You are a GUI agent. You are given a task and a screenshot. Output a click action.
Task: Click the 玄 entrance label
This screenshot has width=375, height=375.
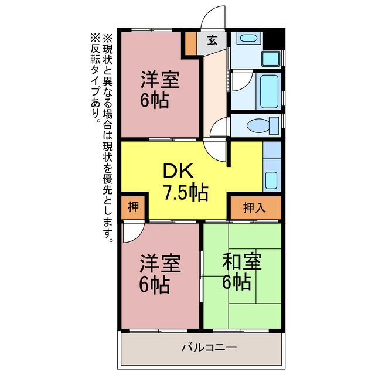click(x=212, y=40)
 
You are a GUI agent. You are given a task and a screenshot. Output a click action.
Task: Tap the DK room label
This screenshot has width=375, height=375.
click(x=178, y=171)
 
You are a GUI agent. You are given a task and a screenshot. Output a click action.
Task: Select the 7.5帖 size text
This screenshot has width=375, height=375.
click(x=186, y=193)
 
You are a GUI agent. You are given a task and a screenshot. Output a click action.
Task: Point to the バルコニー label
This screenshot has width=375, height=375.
click(x=209, y=347)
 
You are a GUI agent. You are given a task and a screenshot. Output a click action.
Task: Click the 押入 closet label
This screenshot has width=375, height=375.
click(x=254, y=207)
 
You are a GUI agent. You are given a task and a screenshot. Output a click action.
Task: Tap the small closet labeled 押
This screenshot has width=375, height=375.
click(x=133, y=207)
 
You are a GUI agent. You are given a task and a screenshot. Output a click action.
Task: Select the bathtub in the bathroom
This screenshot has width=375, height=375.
click(x=269, y=91)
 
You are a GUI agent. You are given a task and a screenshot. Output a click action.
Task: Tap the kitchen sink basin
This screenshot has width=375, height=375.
click(x=271, y=180)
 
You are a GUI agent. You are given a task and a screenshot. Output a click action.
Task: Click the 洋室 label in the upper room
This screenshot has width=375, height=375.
click(x=160, y=80)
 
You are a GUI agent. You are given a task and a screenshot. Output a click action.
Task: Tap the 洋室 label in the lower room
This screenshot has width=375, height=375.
click(x=160, y=264)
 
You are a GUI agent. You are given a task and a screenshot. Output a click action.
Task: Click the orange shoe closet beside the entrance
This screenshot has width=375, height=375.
click(x=191, y=43)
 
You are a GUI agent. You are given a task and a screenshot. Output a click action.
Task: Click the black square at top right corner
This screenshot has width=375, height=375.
click(x=274, y=39)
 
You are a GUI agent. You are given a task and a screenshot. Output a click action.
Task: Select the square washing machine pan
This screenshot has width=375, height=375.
click(x=271, y=59)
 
